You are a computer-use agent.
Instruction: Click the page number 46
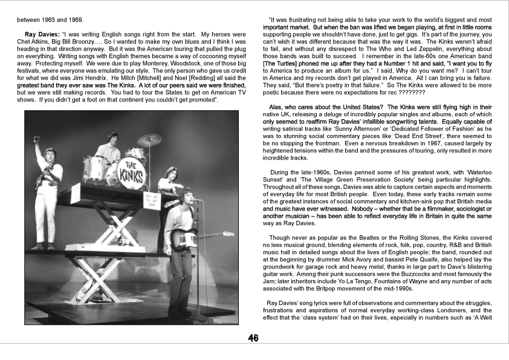click(x=253, y=338)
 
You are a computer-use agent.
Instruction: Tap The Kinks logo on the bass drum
click(x=131, y=166)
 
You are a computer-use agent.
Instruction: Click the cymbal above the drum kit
click(x=149, y=140)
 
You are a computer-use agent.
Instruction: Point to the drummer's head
click(x=112, y=138)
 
